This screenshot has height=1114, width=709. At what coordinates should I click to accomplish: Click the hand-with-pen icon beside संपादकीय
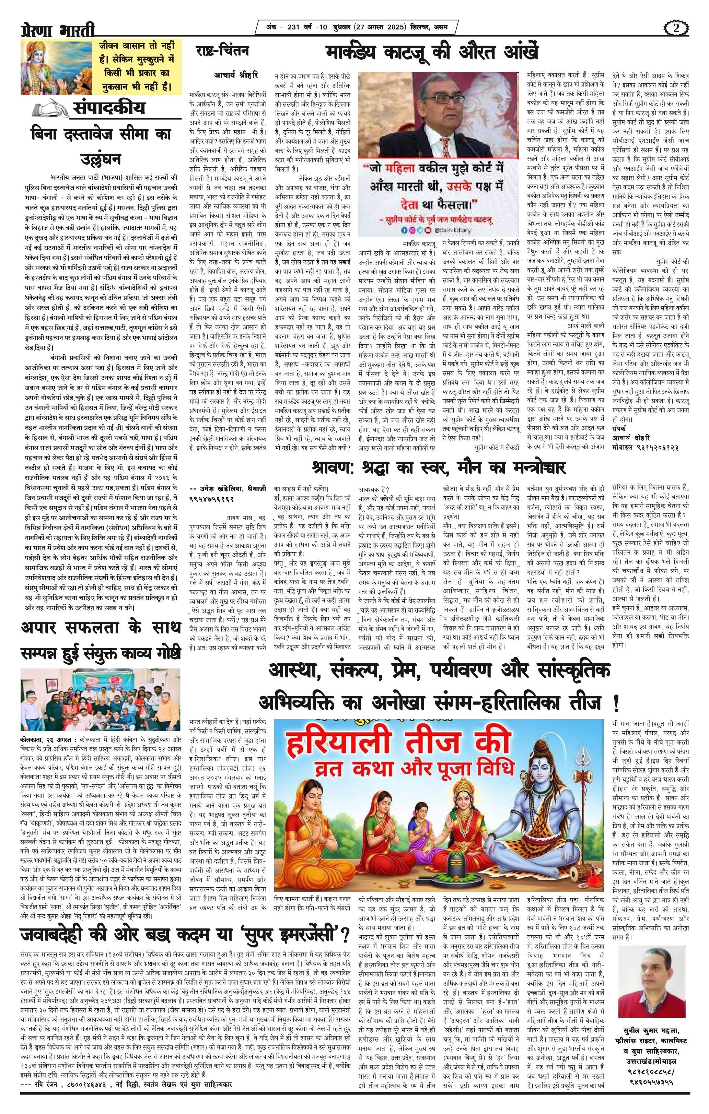pos(50,109)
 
